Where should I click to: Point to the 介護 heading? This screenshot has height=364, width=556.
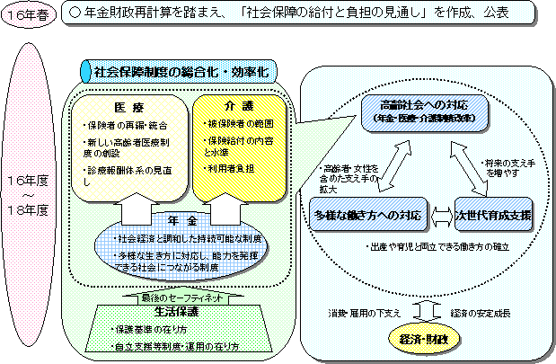236,104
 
